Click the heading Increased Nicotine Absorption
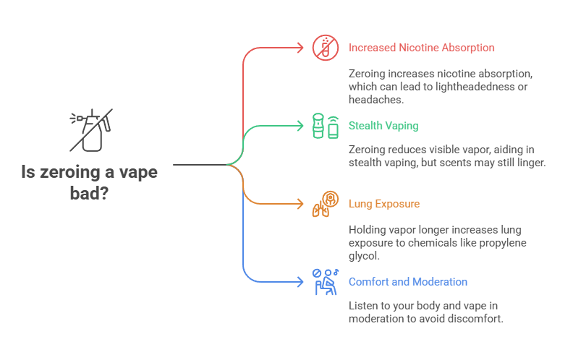(421, 48)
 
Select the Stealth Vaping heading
(383, 126)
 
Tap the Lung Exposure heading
(383, 204)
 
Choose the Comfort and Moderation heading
(407, 282)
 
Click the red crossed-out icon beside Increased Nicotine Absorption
(325, 48)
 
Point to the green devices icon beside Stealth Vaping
(325, 126)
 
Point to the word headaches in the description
(372, 99)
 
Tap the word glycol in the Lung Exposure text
(363, 255)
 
